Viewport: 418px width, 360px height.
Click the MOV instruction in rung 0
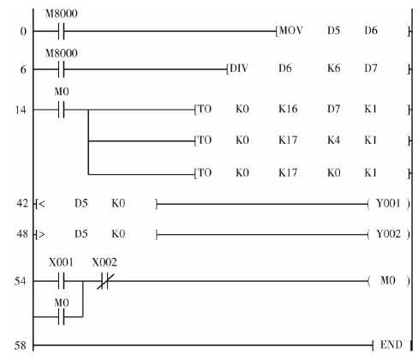[x=290, y=30]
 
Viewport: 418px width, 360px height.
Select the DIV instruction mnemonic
[x=239, y=69]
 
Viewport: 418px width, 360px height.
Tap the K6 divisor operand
[x=333, y=69]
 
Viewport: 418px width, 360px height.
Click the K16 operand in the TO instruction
[x=288, y=109]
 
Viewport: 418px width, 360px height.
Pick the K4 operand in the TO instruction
[x=333, y=141]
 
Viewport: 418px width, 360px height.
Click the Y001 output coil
[x=388, y=203]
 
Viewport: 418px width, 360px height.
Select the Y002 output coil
[x=388, y=234]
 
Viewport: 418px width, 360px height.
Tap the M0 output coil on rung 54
[x=388, y=280]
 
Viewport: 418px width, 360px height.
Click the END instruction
[x=391, y=345]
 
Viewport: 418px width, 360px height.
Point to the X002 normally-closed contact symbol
[x=104, y=281]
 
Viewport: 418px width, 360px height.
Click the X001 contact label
[x=61, y=262]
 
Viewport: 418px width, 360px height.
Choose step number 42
[x=22, y=203]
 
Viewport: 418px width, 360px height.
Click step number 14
[x=21, y=110]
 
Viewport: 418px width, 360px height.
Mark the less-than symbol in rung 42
[x=42, y=204]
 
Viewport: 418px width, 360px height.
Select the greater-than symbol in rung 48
[x=42, y=235]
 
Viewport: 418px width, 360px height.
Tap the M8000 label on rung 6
[x=61, y=53]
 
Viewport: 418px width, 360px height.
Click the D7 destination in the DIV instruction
[x=371, y=69]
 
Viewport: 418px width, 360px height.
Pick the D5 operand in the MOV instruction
[x=333, y=30]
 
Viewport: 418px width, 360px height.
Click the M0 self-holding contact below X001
[x=62, y=317]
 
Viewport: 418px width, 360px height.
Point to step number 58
[x=21, y=345]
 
